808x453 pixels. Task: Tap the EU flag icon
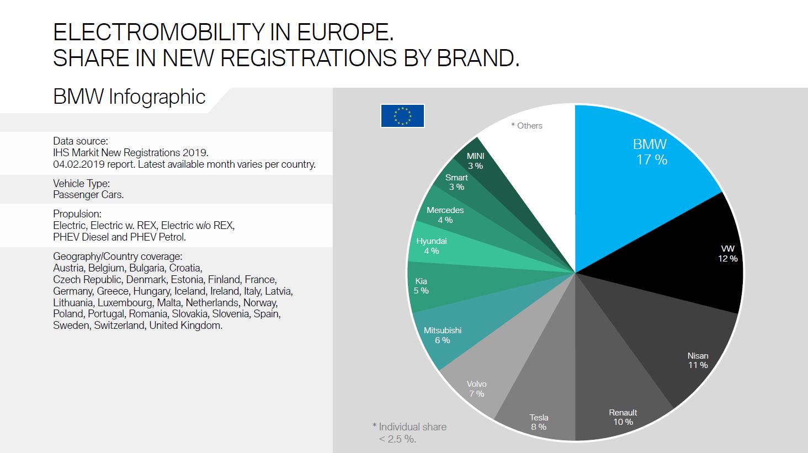pos(402,116)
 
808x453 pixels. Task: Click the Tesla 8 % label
pos(539,422)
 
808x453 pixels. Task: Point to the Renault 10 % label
pos(623,417)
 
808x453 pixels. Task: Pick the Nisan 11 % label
pos(698,360)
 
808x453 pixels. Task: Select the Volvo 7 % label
pos(476,388)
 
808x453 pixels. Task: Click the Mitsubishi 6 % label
pos(442,335)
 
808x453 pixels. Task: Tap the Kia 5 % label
pos(421,286)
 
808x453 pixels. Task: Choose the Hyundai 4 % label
pos(431,246)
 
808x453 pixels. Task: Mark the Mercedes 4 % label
pos(445,215)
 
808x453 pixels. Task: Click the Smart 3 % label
pos(456,182)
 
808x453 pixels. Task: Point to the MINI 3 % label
pos(475,161)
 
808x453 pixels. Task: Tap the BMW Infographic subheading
pos(129,97)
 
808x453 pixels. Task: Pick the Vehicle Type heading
pos(81,183)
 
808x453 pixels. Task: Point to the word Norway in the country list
pos(260,302)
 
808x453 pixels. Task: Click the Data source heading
pos(80,141)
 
